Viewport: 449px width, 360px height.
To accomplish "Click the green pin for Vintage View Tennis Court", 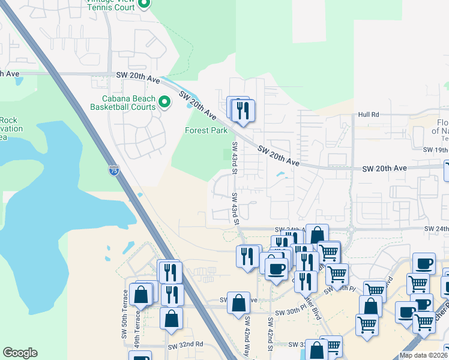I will coord(144,5).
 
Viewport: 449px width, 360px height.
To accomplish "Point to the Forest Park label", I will coord(206,130).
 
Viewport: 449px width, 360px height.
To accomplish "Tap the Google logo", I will coord(20,353).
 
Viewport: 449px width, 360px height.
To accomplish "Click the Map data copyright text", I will coord(424,355).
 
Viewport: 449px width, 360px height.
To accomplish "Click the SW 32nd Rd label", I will coord(186,346).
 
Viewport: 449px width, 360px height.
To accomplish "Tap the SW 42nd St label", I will coord(271,340).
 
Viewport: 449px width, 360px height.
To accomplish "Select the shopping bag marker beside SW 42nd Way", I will coord(238,302).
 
